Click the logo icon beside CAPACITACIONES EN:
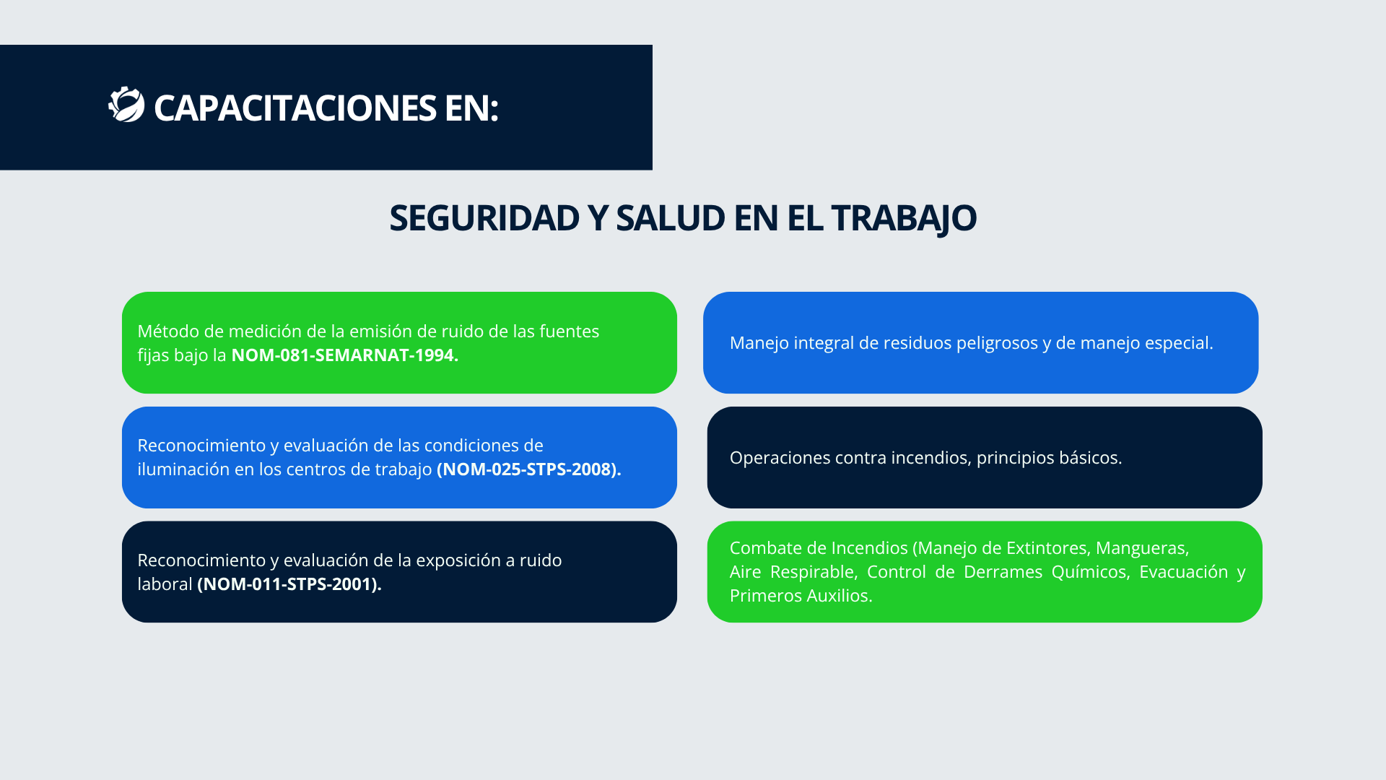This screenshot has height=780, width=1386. click(x=126, y=105)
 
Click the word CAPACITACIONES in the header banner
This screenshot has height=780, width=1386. click(x=295, y=108)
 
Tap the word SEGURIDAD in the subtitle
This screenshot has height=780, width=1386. click(x=484, y=217)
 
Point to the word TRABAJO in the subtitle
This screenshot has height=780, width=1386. click(x=904, y=219)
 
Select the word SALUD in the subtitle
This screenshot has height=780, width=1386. click(x=670, y=217)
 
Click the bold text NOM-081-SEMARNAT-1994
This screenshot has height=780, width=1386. click(x=345, y=355)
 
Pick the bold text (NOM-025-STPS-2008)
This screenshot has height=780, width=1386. click(x=529, y=469)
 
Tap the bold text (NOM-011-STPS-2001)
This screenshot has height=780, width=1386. click(x=289, y=584)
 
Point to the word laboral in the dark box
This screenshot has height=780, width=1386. click(x=165, y=584)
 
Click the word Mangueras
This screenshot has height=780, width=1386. click(x=1142, y=549)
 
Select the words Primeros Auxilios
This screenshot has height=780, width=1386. click(x=801, y=595)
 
